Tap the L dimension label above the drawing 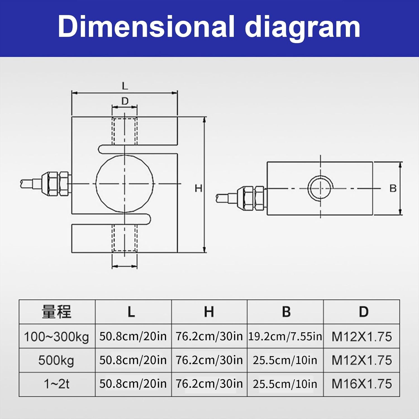click(x=125, y=86)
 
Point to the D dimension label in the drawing click(x=125, y=101)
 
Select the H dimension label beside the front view click(x=198, y=189)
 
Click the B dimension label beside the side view click(x=393, y=189)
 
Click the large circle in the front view click(x=125, y=184)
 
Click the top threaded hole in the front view click(x=125, y=131)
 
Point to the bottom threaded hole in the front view click(x=125, y=238)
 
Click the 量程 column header click(x=57, y=312)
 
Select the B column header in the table click(x=286, y=312)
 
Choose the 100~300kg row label click(x=57, y=336)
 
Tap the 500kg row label click(x=57, y=360)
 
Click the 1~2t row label click(x=57, y=384)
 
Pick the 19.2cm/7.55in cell click(x=285, y=336)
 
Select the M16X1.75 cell click(x=362, y=384)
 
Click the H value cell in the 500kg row click(x=209, y=360)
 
